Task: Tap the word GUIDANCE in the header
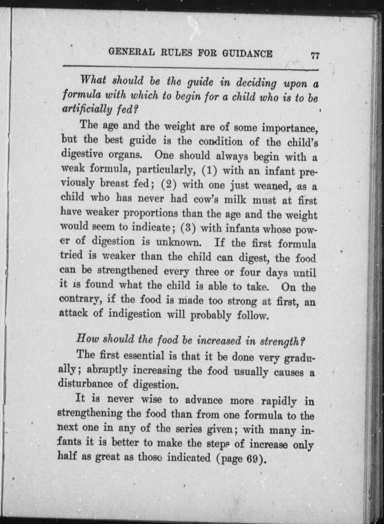coord(247,53)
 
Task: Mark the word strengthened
coord(128,270)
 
